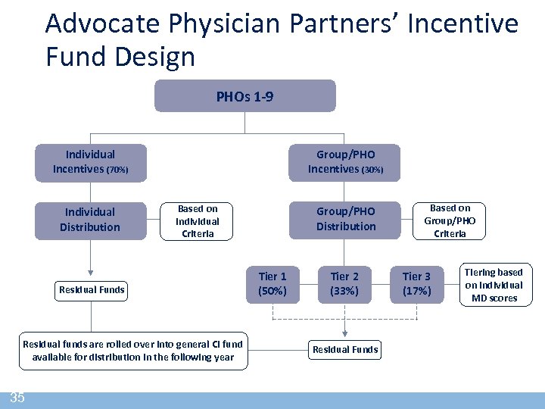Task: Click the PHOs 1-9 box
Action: click(244, 96)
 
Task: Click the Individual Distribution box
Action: click(90, 220)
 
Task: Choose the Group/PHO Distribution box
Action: click(345, 219)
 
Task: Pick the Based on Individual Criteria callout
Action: click(197, 221)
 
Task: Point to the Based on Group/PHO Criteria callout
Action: click(450, 220)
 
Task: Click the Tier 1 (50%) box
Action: click(272, 284)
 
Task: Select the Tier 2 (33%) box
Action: click(344, 284)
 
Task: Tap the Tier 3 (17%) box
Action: click(416, 284)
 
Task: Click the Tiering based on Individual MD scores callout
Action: click(494, 285)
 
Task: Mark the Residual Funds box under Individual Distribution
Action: click(92, 289)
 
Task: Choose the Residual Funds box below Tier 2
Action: click(345, 349)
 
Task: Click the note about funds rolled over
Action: click(132, 350)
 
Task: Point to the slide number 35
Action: click(17, 398)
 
